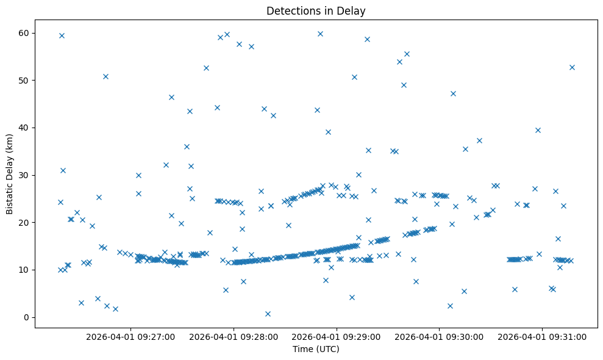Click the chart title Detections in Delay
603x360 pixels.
(316, 10)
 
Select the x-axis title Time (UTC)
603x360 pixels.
(316, 350)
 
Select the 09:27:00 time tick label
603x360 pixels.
(130, 336)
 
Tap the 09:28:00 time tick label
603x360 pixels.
(234, 336)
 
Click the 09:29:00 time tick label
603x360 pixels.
(337, 336)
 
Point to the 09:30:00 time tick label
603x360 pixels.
(439, 336)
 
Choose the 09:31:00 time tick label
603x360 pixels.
(542, 336)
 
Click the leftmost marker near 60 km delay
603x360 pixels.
(62, 35)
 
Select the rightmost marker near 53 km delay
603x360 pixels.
(572, 67)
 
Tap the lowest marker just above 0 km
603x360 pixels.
(268, 314)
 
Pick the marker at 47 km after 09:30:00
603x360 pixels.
(453, 93)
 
